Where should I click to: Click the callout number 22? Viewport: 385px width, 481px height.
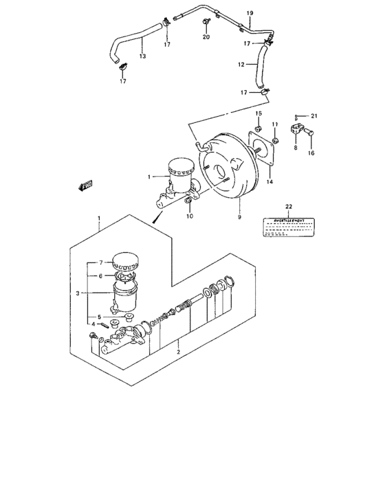pos(289,207)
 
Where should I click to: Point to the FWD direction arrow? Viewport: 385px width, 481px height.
pos(87,184)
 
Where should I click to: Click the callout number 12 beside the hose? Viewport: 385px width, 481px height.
pos(241,66)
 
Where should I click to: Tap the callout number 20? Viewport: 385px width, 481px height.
pos(206,37)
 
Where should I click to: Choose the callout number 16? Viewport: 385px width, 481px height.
pos(311,153)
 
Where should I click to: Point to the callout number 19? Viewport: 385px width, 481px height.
pos(250,13)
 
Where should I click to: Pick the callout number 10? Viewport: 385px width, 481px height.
pos(190,216)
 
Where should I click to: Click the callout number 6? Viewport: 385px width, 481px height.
pos(100,276)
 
